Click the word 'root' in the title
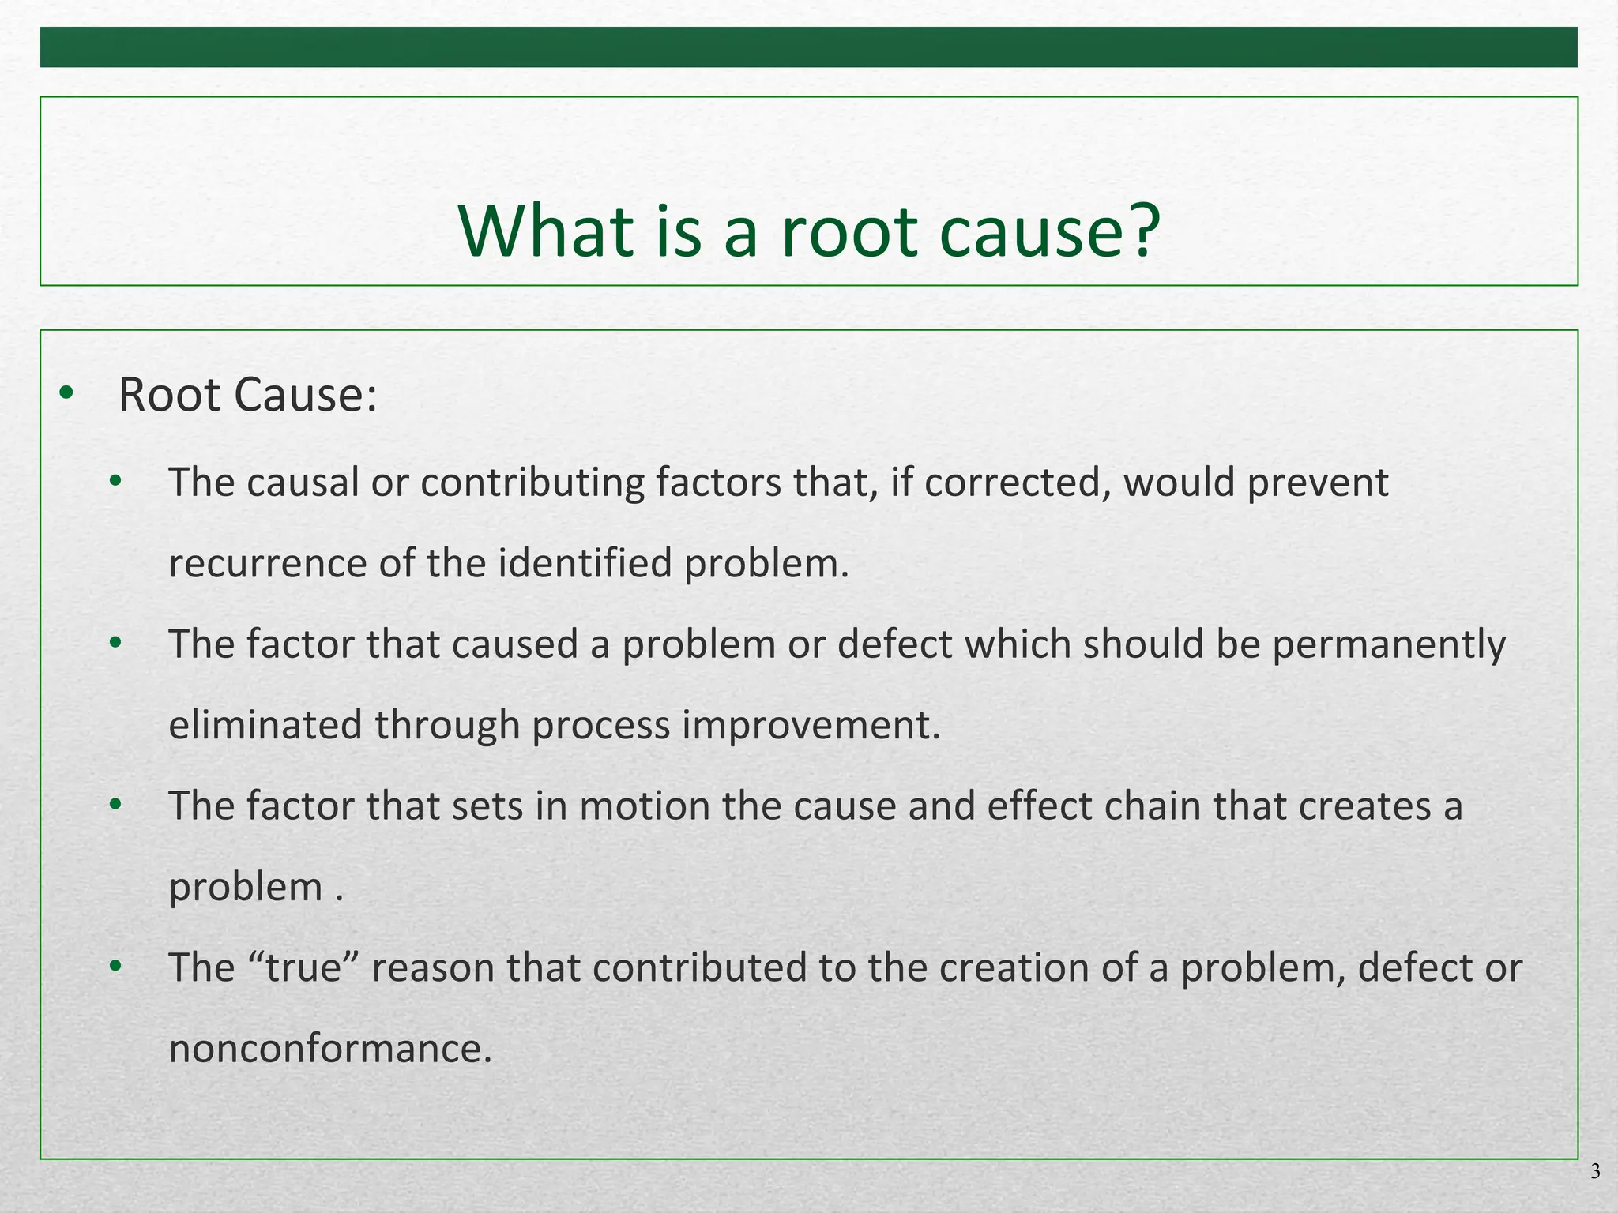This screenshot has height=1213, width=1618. pyautogui.click(x=849, y=232)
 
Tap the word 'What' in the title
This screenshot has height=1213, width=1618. pyautogui.click(x=546, y=231)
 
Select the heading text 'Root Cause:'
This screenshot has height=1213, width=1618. pyautogui.click(x=247, y=395)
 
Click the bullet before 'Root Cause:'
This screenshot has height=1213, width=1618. pyautogui.click(x=66, y=392)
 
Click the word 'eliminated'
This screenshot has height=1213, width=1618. pyautogui.click(x=265, y=725)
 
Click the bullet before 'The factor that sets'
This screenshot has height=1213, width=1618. pyautogui.click(x=116, y=804)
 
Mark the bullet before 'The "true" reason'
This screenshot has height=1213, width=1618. pyautogui.click(x=116, y=966)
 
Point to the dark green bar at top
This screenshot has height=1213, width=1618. pyautogui.click(x=809, y=47)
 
